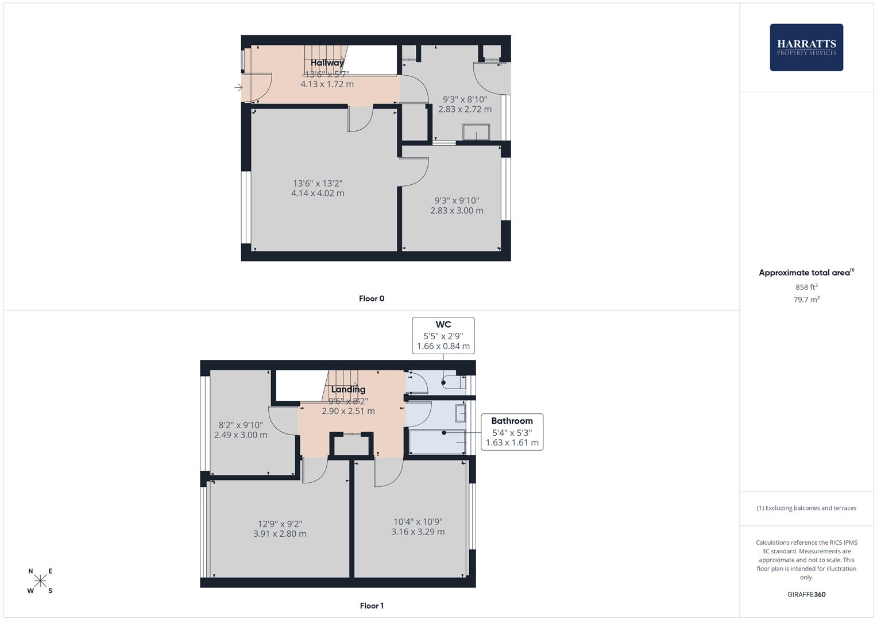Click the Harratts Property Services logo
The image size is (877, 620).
tap(806, 47)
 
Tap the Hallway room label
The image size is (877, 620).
tap(327, 63)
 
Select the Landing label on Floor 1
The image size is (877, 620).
tap(348, 389)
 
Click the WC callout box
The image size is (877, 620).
tap(443, 335)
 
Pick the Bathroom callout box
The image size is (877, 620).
tap(512, 432)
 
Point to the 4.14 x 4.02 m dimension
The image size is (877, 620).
tap(318, 193)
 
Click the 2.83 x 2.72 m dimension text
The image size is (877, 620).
tap(465, 109)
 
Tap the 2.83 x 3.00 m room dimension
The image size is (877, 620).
tap(457, 211)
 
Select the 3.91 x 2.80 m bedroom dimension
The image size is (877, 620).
tap(280, 534)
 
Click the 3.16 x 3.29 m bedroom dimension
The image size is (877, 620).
tap(418, 532)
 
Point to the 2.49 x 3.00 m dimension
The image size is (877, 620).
tap(241, 435)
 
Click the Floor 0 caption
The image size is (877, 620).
tap(372, 299)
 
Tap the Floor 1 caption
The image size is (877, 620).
tap(372, 606)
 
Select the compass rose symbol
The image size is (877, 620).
tap(40, 581)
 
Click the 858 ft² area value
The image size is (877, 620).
tap(806, 287)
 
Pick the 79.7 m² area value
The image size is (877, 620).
tap(806, 300)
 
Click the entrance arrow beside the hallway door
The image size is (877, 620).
tap(238, 88)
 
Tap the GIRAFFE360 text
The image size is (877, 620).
tap(806, 595)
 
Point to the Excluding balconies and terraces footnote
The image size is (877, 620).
tap(806, 508)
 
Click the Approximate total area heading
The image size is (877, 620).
tap(806, 273)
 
